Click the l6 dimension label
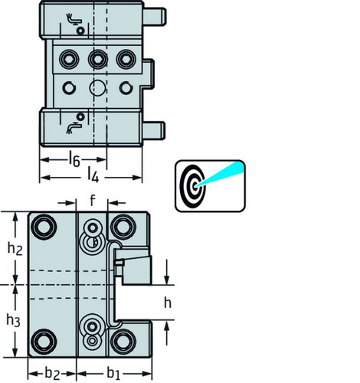(74, 159)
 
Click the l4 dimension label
(93, 175)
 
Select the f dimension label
(92, 201)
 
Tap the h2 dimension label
(15, 248)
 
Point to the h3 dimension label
(13, 320)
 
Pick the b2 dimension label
(52, 374)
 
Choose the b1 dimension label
(113, 373)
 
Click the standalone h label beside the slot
(168, 303)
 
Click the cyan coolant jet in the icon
(221, 173)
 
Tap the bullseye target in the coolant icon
(192, 185)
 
